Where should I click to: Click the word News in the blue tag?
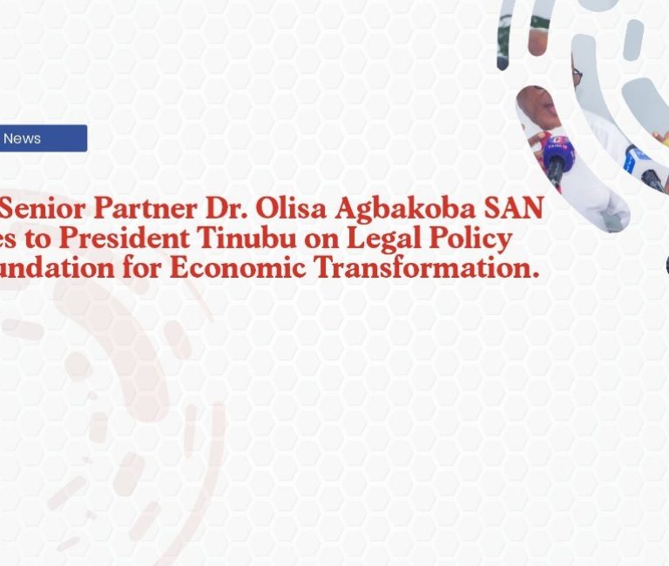tap(22, 138)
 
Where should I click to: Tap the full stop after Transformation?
tap(533, 275)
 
